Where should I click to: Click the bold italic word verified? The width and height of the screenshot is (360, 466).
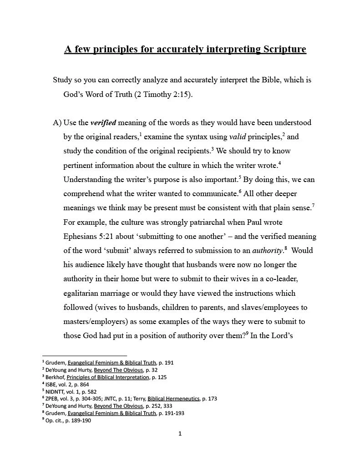(x=103, y=123)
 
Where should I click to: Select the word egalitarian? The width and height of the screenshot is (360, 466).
(x=85, y=294)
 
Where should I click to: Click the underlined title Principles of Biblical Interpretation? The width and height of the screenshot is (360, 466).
(x=108, y=377)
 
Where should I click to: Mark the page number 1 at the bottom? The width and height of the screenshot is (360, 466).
(x=180, y=434)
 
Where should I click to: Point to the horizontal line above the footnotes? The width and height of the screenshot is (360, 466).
(x=84, y=355)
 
